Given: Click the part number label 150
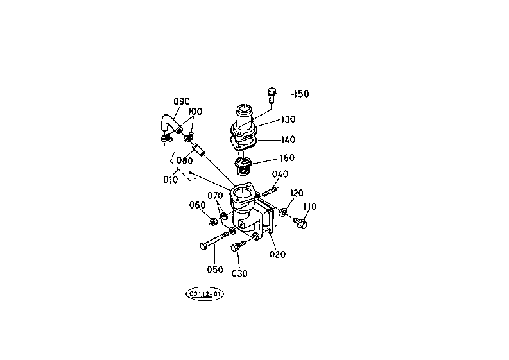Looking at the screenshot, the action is tap(301, 94).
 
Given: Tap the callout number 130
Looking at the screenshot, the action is tap(288, 120).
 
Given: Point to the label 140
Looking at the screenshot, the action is tap(288, 139).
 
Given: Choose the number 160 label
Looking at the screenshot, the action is tap(287, 159).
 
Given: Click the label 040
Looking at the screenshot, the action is tap(280, 175).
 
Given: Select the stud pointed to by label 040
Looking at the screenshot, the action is tap(268, 189).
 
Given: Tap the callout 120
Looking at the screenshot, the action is tap(297, 193).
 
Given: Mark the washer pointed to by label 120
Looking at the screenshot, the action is tap(283, 210).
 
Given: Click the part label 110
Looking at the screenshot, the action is tap(310, 207).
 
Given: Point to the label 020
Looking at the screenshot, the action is tap(277, 254).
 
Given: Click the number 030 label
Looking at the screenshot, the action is tap(239, 273).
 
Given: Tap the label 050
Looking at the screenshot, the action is tap(214, 270).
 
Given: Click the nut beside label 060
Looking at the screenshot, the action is tap(213, 222).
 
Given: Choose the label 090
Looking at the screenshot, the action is tap(182, 101).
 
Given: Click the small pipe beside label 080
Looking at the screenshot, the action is tap(200, 155).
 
